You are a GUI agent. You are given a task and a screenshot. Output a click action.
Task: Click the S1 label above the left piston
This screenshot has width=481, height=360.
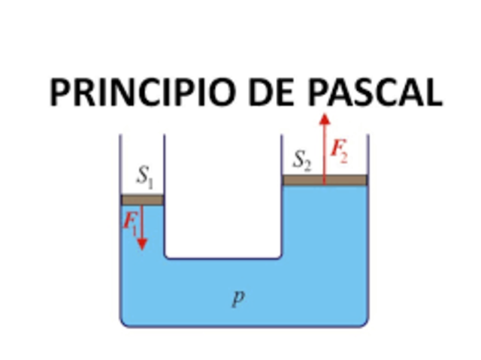pyautogui.click(x=145, y=178)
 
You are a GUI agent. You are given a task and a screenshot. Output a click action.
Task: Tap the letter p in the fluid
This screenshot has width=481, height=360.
pyautogui.click(x=237, y=297)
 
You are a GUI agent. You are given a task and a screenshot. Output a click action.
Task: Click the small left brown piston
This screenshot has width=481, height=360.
pyautogui.click(x=142, y=200)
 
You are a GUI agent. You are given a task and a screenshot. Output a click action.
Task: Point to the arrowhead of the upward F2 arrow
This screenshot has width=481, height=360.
pyautogui.click(x=324, y=119)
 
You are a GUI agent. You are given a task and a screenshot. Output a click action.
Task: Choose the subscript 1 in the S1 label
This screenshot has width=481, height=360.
pyautogui.click(x=150, y=182)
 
